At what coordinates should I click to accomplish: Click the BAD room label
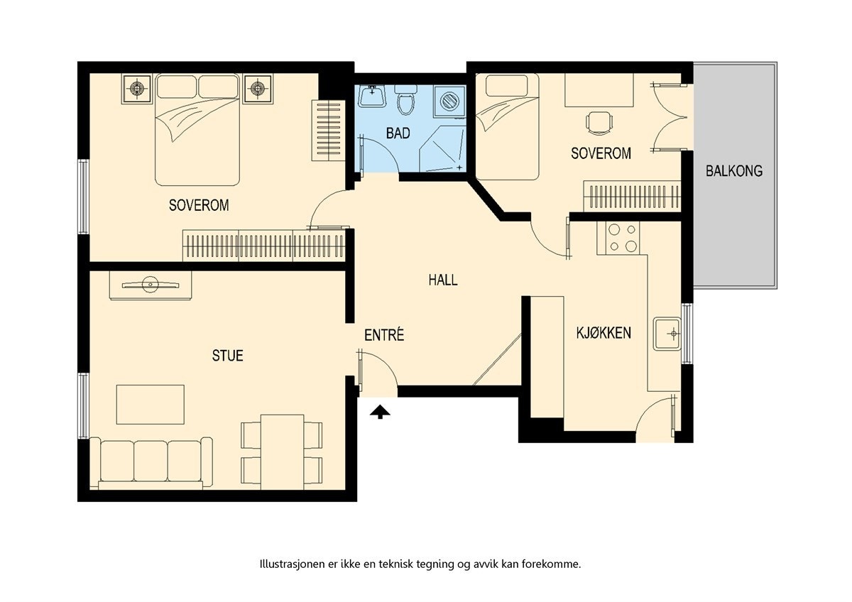point(398,133)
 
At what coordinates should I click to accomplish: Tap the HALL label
point(443,280)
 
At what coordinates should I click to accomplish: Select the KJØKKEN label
point(603,333)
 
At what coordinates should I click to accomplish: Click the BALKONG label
point(734,170)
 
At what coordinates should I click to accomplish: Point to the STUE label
point(227,355)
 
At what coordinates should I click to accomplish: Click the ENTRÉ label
point(384,335)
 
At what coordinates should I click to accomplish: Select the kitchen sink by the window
point(668,333)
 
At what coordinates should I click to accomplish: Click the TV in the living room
point(150,285)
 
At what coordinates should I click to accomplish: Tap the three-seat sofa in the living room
point(151,463)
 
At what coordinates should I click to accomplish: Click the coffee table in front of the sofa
point(151,405)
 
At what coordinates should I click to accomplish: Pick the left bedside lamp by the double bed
point(137,89)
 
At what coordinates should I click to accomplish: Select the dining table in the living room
point(282,451)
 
